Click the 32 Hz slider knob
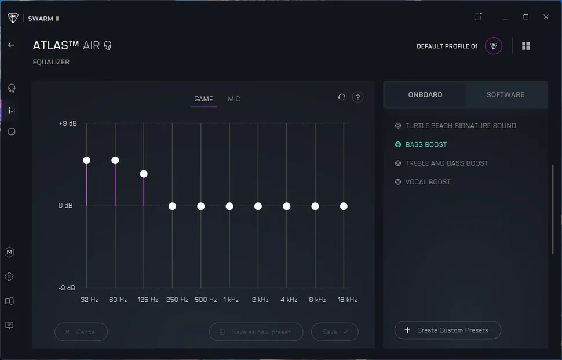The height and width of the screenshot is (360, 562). tap(86, 160)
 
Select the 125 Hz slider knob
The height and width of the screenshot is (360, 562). tap(144, 174)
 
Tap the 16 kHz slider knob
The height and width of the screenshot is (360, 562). tap(344, 206)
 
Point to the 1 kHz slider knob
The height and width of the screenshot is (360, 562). tap(229, 206)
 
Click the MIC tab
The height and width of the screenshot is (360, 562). tap(234, 99)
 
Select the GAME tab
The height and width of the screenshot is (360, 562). tap(203, 99)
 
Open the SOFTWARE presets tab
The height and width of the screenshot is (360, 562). tap(505, 94)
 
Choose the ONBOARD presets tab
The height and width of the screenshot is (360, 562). tap(425, 94)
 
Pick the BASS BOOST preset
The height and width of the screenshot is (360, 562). tap(426, 144)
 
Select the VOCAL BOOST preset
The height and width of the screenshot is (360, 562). tap(428, 182)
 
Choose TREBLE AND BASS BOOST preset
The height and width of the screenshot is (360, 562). tap(446, 163)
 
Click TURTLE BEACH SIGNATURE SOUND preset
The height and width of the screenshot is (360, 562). tap(460, 126)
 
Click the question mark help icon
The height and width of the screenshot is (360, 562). tap(358, 97)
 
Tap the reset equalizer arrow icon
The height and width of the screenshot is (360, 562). tap(341, 97)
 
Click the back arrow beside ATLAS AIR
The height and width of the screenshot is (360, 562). tap(11, 45)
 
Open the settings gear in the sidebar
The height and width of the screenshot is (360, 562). tap(9, 277)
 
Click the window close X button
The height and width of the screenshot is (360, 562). tap(546, 17)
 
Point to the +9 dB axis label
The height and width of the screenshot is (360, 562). tap(67, 123)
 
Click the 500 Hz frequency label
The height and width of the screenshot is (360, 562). tap(206, 300)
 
